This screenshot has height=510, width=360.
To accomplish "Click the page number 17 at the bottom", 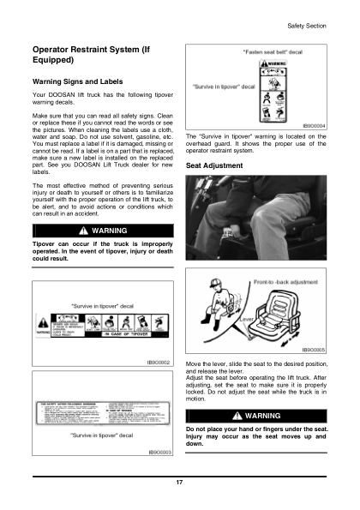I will [179, 484].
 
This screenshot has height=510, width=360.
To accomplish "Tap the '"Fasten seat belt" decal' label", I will [273, 51].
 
